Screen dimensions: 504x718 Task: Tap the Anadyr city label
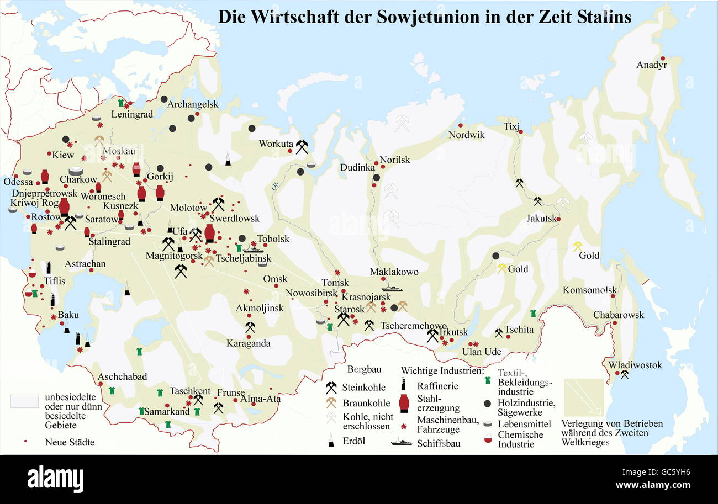(652, 65)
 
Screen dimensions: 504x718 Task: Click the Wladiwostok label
(635, 365)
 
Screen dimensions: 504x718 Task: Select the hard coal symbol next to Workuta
(302, 146)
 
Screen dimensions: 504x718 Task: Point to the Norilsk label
(395, 160)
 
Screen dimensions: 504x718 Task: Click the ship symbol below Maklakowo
(392, 288)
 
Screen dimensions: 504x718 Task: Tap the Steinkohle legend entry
(362, 387)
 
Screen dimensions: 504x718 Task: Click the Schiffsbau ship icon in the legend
(402, 442)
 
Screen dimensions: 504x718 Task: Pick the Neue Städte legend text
(70, 442)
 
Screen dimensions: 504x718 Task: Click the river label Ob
(274, 186)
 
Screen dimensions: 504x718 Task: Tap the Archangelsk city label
(193, 104)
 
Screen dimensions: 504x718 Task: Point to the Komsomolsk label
(589, 290)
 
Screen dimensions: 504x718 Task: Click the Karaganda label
(249, 343)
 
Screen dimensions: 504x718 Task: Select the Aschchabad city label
(123, 377)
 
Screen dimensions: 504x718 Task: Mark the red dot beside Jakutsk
(558, 219)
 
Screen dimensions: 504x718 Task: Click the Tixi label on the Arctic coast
(511, 126)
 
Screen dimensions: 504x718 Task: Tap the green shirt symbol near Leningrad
(121, 103)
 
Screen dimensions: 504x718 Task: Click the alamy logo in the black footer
(55, 478)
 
